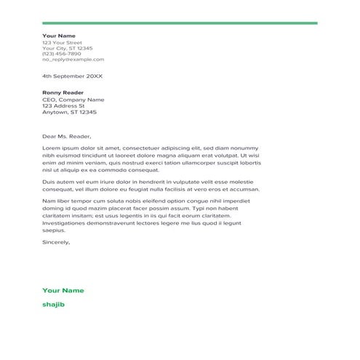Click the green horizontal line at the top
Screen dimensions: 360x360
pyautogui.click(x=180, y=23)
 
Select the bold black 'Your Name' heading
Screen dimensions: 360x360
pyautogui.click(x=59, y=36)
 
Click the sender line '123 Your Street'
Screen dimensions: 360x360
pyautogui.click(x=63, y=42)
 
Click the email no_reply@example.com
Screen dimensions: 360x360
pyautogui.click(x=73, y=60)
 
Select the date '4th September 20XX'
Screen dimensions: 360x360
pyautogui.click(x=73, y=76)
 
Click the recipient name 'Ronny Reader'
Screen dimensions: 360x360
pyautogui.click(x=63, y=93)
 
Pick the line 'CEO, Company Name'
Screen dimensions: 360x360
pyautogui.click(x=73, y=100)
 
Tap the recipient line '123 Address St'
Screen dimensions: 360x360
pyautogui.click(x=63, y=106)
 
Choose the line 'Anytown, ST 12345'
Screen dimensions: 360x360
pyautogui.click(x=70, y=113)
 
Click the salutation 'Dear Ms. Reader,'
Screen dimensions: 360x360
pyautogui.click(x=67, y=136)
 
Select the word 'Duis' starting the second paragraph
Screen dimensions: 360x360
pyautogui.click(x=49, y=181)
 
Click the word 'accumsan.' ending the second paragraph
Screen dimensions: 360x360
pyautogui.click(x=244, y=188)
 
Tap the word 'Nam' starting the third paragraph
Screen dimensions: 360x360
pyautogui.click(x=49, y=200)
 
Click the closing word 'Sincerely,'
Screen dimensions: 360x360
pyautogui.click(x=57, y=241)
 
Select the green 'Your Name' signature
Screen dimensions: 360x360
pyautogui.click(x=63, y=289)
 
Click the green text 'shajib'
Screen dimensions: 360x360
pyautogui.click(x=54, y=304)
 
